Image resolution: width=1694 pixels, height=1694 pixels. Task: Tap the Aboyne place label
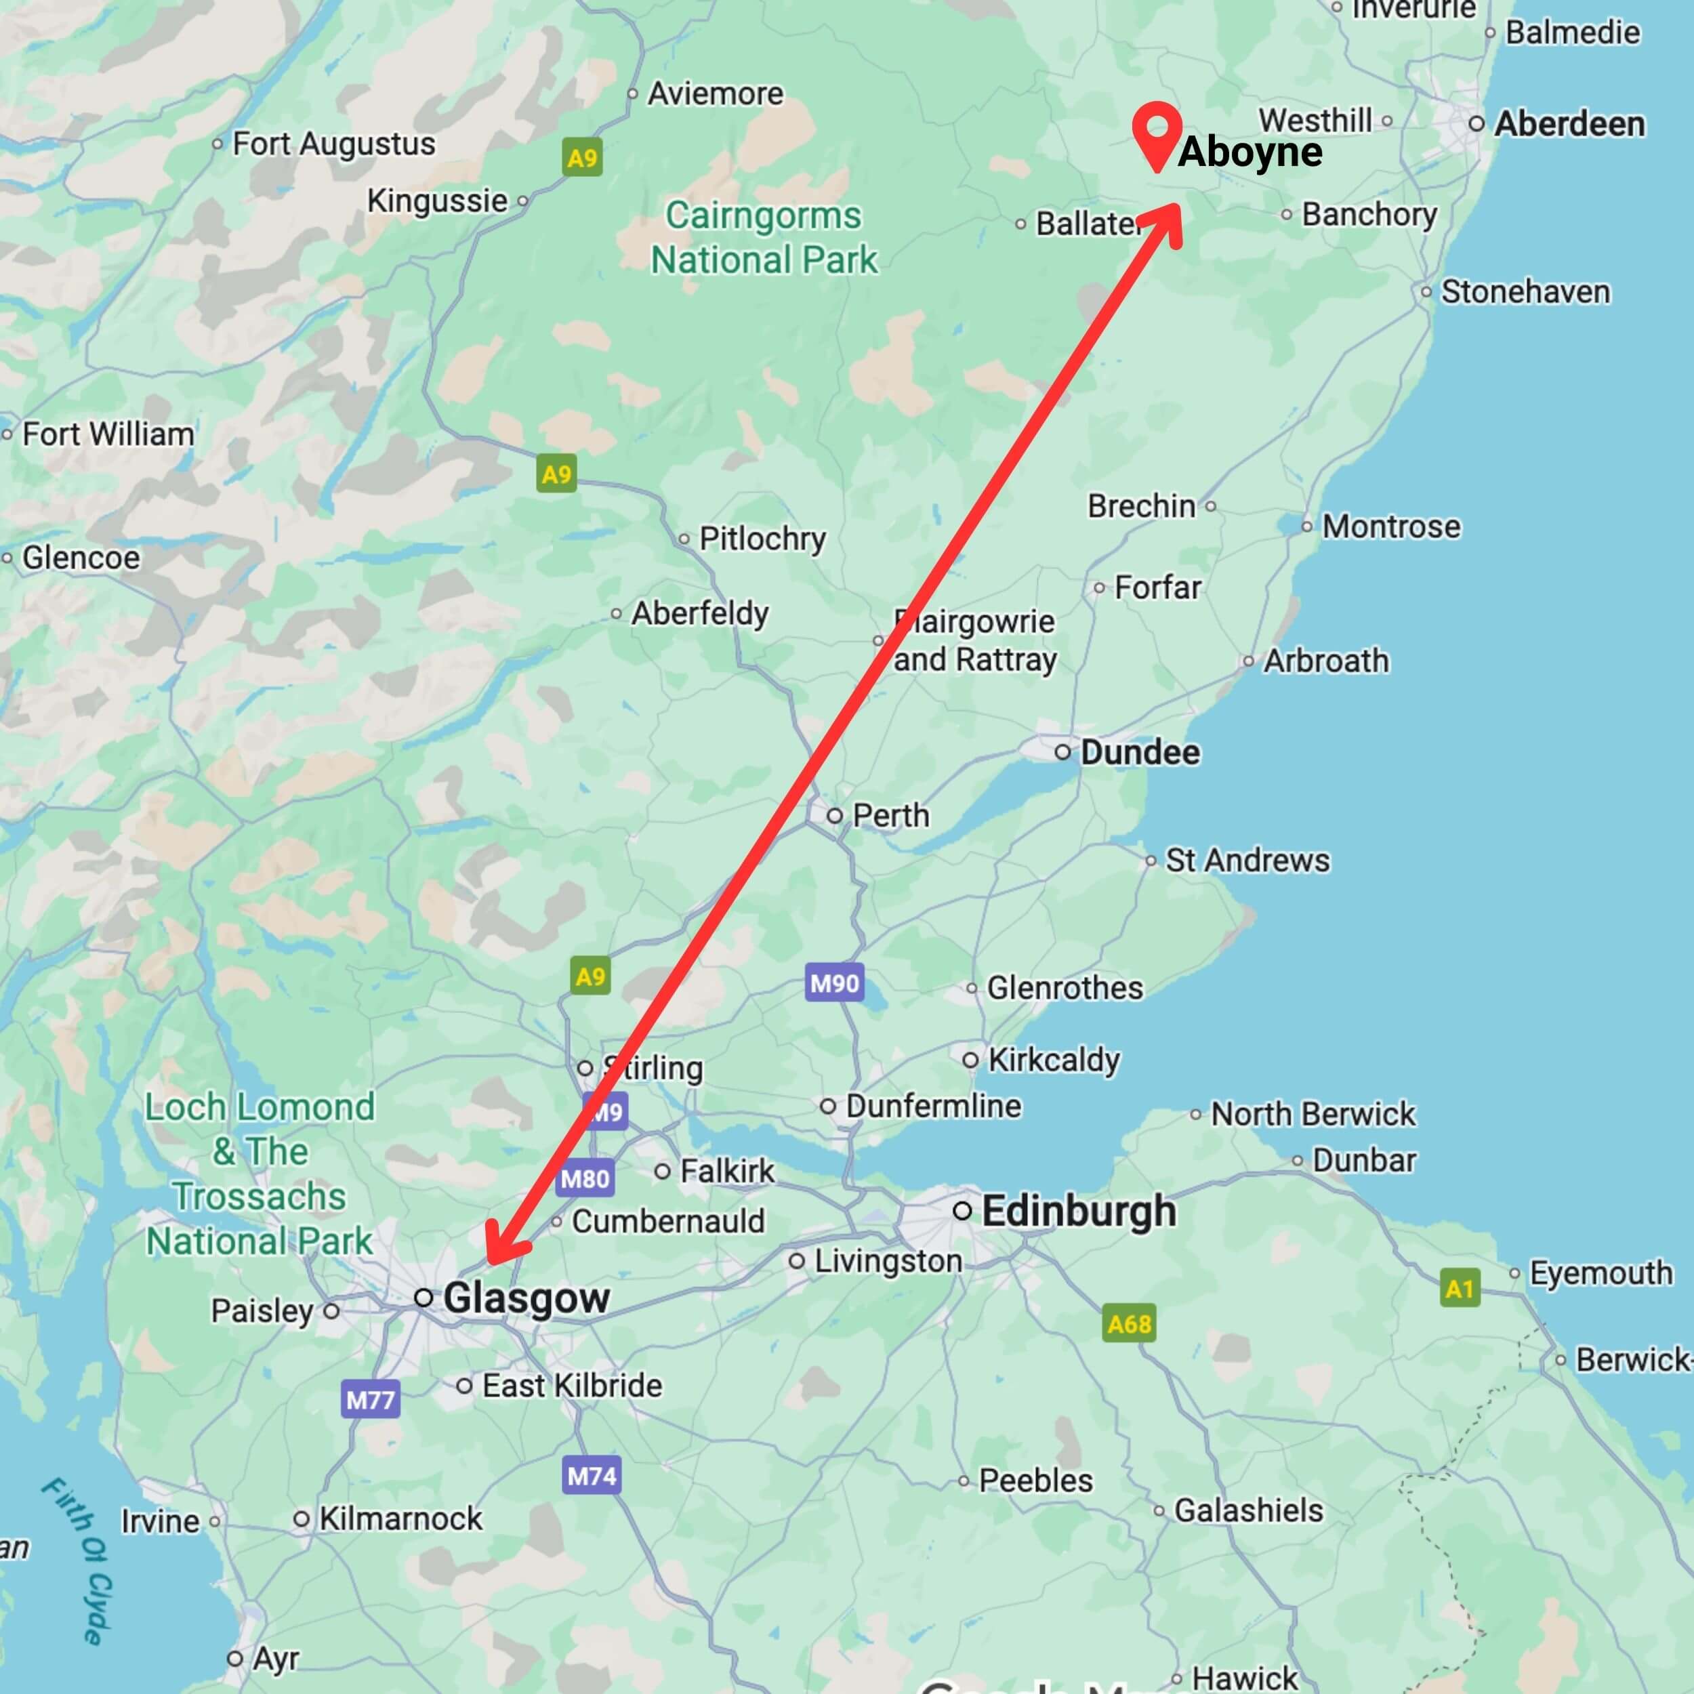click(x=1249, y=152)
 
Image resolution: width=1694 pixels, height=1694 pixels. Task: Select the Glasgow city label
click(x=525, y=1298)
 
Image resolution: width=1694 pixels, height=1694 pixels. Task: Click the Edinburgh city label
click(x=1079, y=1211)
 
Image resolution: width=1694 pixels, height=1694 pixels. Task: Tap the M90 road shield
click(x=834, y=983)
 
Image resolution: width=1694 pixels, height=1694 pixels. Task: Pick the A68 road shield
click(x=1128, y=1323)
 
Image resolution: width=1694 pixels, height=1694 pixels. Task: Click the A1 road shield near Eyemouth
click(x=1459, y=1289)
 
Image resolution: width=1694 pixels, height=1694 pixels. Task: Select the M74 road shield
click(x=591, y=1476)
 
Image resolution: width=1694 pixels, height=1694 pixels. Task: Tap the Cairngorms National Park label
click(x=763, y=238)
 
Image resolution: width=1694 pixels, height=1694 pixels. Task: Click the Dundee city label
click(x=1139, y=751)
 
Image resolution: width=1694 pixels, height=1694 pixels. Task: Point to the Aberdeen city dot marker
click(x=1476, y=123)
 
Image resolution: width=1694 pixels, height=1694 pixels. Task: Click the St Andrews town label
click(x=1246, y=860)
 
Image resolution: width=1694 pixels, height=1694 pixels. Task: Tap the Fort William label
click(x=108, y=434)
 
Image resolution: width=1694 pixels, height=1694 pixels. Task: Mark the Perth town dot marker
click(x=835, y=815)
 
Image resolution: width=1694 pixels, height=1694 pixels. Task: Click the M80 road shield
click(x=585, y=1178)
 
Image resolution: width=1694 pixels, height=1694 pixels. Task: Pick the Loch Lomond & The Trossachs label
click(x=260, y=1173)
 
